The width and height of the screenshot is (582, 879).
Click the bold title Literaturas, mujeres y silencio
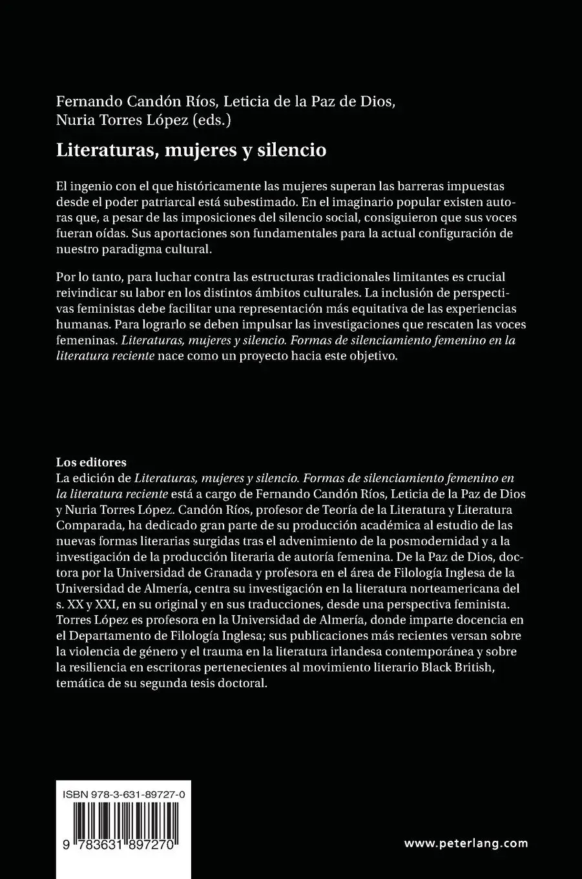click(191, 151)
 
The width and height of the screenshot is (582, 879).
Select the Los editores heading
click(91, 462)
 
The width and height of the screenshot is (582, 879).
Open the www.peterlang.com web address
click(466, 843)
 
